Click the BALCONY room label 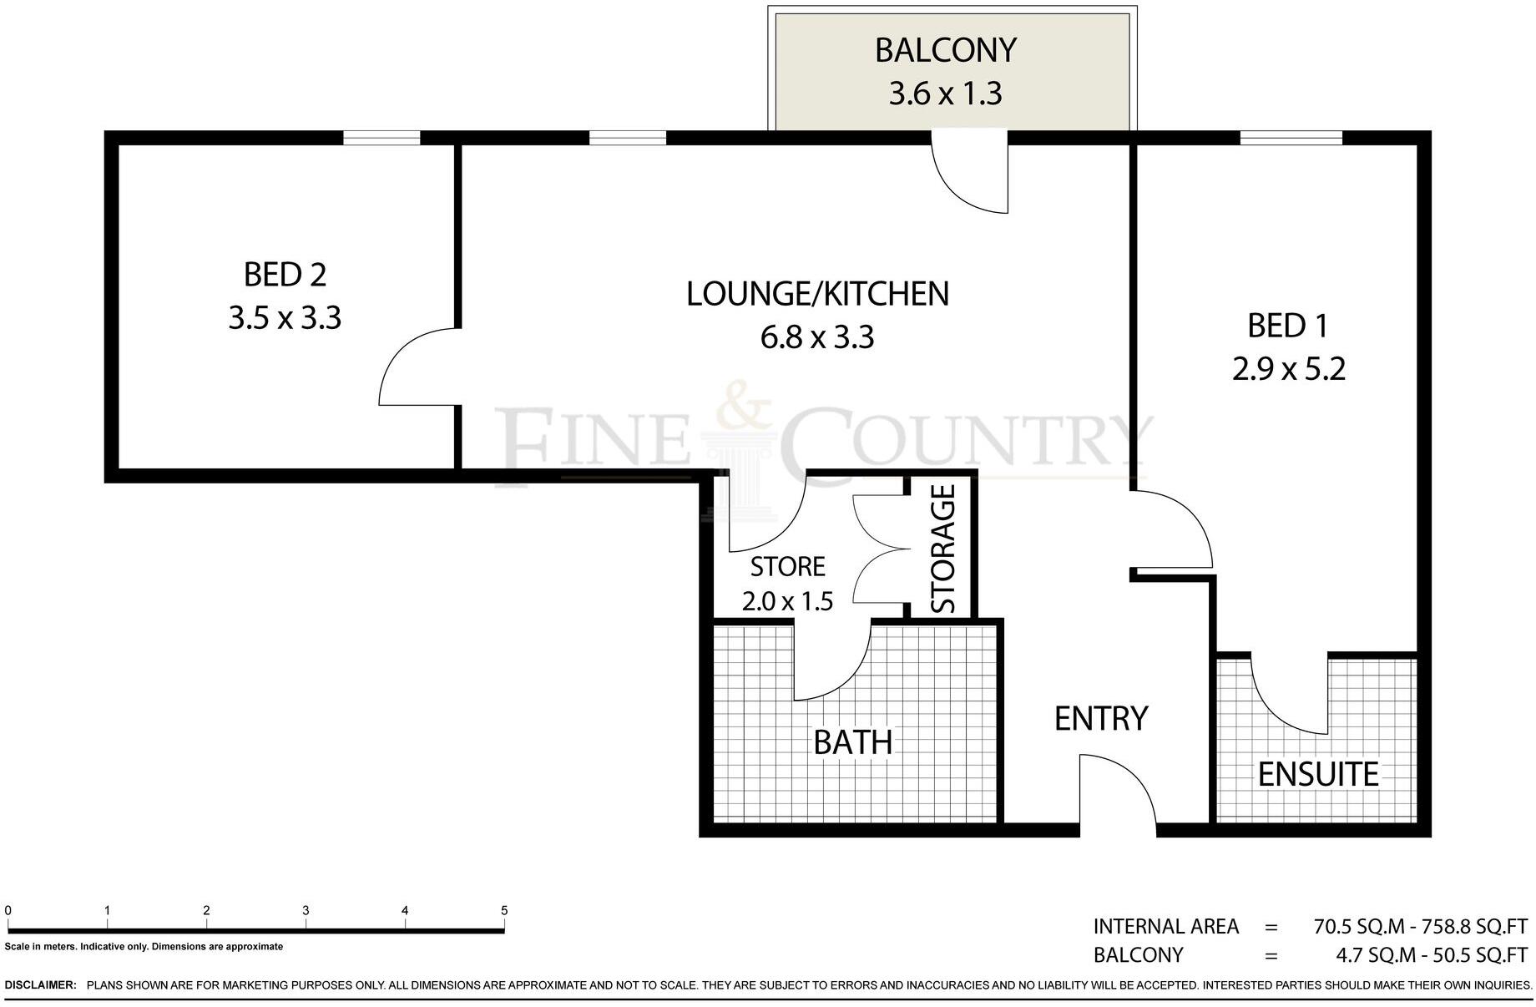[x=945, y=50]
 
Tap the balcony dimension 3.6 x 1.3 [x=945, y=94]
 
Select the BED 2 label [x=285, y=274]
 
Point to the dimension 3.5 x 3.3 [x=285, y=318]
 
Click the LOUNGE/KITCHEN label [x=817, y=294]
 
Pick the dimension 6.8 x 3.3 [x=817, y=337]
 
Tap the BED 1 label [x=1287, y=325]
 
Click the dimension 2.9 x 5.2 [x=1289, y=368]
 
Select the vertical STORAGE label [x=942, y=549]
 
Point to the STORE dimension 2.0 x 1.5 [x=787, y=600]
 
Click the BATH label [x=852, y=742]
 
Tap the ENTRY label [x=1101, y=718]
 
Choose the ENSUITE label [x=1318, y=774]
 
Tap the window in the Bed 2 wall [x=381, y=139]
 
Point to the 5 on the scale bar [x=504, y=910]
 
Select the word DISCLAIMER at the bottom [x=41, y=985]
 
